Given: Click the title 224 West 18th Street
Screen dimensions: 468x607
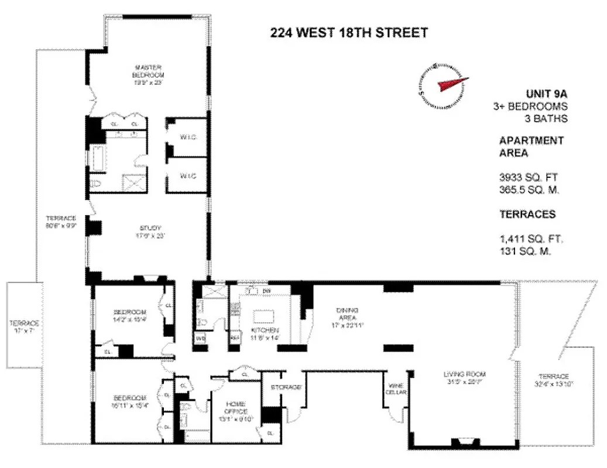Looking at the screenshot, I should coord(348,33).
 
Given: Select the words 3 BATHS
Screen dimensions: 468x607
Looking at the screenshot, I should coord(547,119).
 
